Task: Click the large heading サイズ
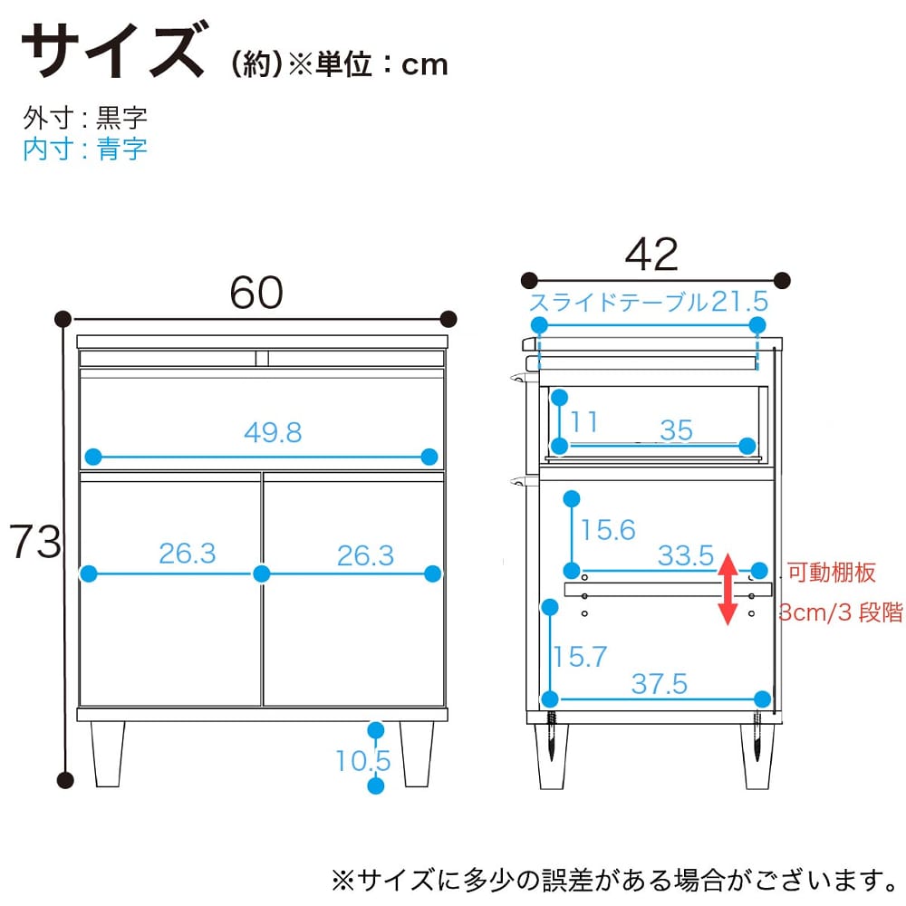pyautogui.click(x=114, y=50)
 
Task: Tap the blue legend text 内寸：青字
pyautogui.click(x=85, y=149)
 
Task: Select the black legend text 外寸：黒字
pyautogui.click(x=85, y=118)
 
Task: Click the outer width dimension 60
pyautogui.click(x=256, y=293)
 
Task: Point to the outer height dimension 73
pyautogui.click(x=35, y=542)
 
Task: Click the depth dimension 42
pyautogui.click(x=651, y=255)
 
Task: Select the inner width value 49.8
pyautogui.click(x=273, y=432)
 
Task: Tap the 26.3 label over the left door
pyautogui.click(x=188, y=554)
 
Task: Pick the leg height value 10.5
pyautogui.click(x=363, y=760)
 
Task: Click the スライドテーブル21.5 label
pyautogui.click(x=649, y=302)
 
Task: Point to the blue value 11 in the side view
pyautogui.click(x=583, y=422)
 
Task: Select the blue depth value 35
pyautogui.click(x=676, y=430)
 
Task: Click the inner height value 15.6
pyautogui.click(x=608, y=530)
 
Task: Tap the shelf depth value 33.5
pyautogui.click(x=686, y=555)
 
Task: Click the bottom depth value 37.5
pyautogui.click(x=660, y=684)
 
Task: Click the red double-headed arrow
pyautogui.click(x=728, y=589)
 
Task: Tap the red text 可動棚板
pyautogui.click(x=832, y=572)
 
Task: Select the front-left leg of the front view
pyautogui.click(x=108, y=754)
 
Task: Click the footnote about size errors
pyautogui.click(x=616, y=880)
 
